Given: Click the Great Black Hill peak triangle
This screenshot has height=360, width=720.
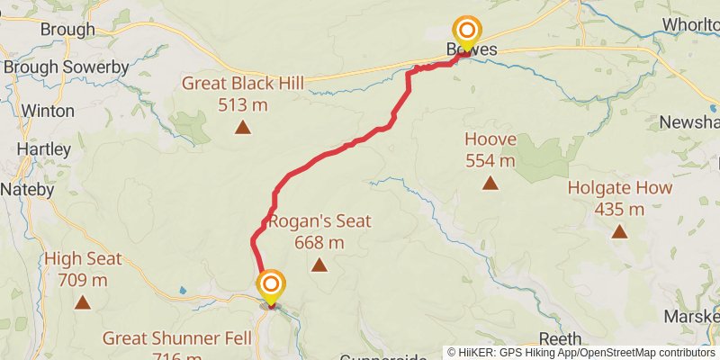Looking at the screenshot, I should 242,127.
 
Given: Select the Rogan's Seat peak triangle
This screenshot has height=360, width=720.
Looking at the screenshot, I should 319,265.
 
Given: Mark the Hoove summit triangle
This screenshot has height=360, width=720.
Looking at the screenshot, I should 490,184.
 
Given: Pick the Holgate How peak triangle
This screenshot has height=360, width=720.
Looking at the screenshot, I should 619,232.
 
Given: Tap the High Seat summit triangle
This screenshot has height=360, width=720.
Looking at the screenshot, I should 83,302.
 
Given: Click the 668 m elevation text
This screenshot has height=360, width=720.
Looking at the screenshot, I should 319,242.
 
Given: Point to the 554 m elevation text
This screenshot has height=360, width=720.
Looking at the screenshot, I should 490,161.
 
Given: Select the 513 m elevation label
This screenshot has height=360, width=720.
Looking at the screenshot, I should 242,104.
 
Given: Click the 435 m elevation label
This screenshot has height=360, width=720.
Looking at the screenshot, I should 619,210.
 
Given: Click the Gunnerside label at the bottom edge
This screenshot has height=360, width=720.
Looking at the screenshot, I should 382,356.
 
